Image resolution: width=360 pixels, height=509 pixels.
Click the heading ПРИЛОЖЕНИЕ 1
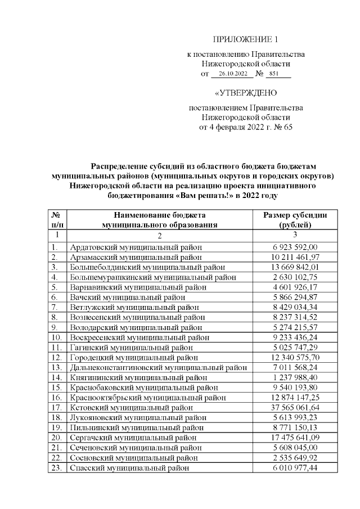point(246,39)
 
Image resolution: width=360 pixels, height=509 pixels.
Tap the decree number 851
point(274,74)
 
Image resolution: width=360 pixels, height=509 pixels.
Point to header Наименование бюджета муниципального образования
point(159,219)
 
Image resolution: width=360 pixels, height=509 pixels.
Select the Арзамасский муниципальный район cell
point(136,257)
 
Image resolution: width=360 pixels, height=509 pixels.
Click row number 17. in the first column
point(56,407)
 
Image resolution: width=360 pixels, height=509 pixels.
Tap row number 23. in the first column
point(56,467)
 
